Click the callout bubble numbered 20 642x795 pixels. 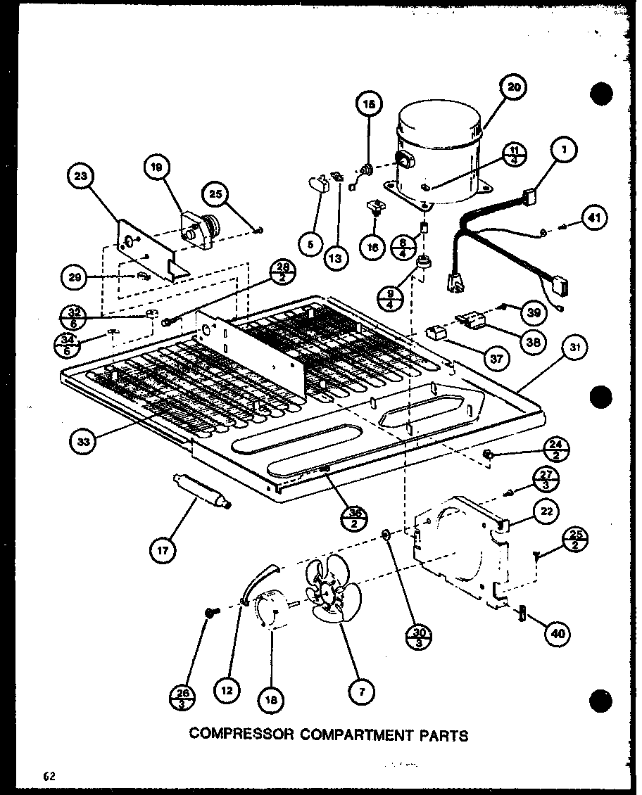(515, 88)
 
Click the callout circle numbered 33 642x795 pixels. (84, 442)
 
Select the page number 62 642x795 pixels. (48, 776)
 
